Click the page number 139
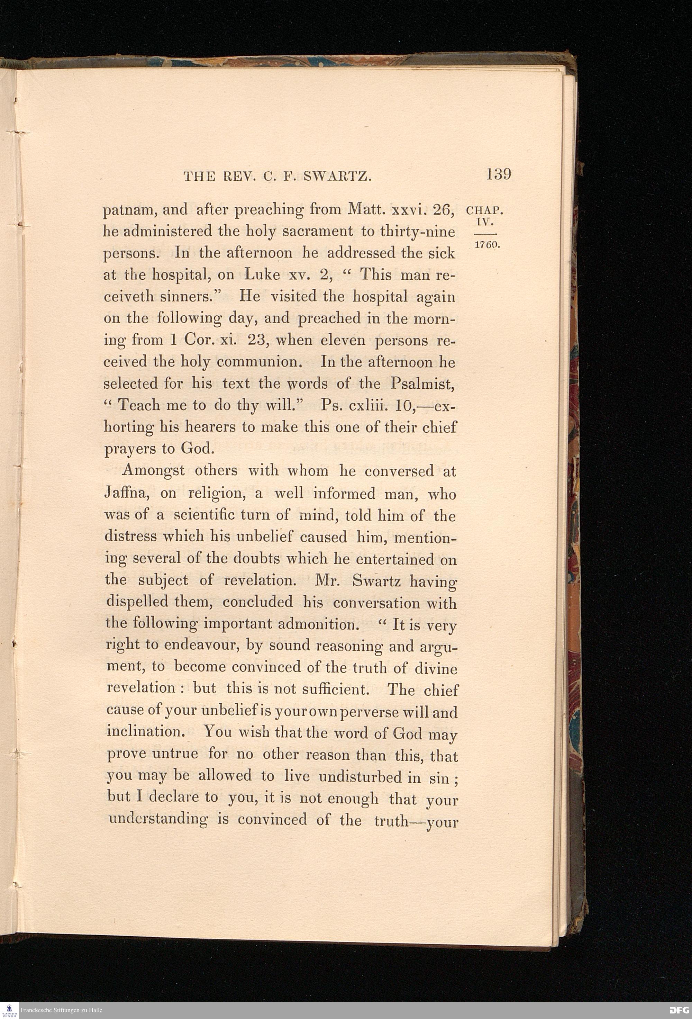(x=498, y=174)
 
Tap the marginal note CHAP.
(x=484, y=210)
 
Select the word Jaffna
(x=128, y=494)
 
